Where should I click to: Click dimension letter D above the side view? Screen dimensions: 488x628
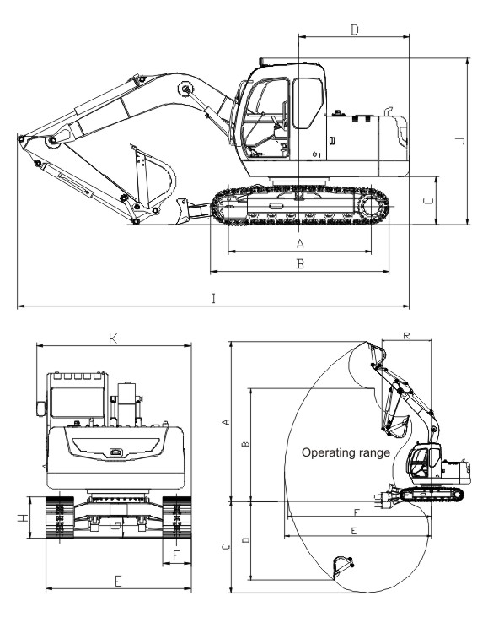tap(355, 30)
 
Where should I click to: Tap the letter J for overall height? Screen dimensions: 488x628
tap(460, 141)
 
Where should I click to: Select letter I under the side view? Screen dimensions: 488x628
tap(213, 298)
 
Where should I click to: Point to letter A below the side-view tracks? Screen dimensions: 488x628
tap(300, 243)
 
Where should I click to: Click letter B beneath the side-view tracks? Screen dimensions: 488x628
tap(300, 263)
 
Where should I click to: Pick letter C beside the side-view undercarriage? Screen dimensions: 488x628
tap(428, 200)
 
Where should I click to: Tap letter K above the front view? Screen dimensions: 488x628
tap(113, 338)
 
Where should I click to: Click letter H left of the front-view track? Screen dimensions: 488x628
tap(24, 517)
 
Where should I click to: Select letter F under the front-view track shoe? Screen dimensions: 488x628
tap(176, 555)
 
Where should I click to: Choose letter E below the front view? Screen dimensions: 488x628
tap(118, 581)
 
